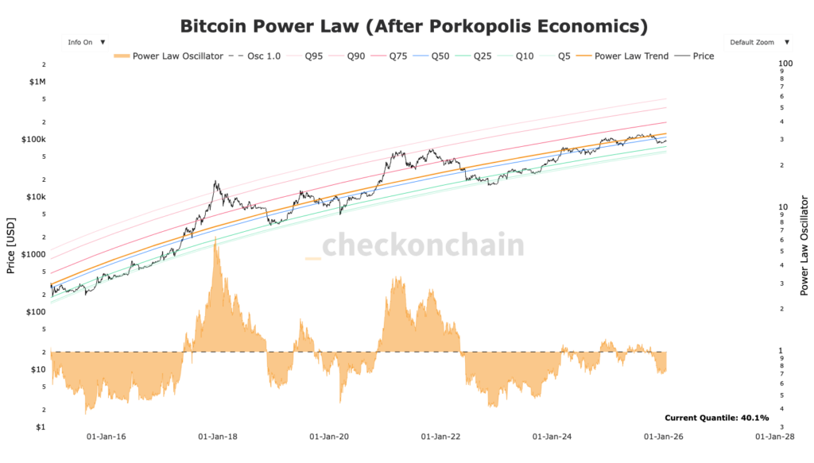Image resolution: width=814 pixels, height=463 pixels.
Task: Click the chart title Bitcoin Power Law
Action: (x=413, y=25)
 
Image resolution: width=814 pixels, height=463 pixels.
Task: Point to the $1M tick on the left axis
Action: (x=37, y=82)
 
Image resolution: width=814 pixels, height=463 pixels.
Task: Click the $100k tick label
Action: (x=35, y=140)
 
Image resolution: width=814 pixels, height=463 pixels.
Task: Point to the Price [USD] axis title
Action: (x=11, y=245)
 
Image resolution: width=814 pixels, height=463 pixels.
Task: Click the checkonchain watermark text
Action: (x=422, y=245)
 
